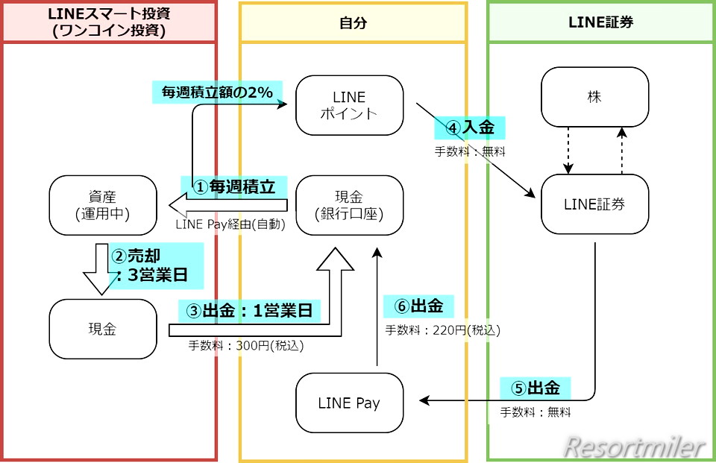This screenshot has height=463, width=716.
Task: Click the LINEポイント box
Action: click(349, 105)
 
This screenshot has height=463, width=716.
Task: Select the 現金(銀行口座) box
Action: click(349, 205)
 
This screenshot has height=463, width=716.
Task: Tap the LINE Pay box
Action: click(349, 403)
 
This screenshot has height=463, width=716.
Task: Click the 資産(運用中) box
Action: click(103, 205)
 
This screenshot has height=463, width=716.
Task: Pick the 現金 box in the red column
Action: click(103, 329)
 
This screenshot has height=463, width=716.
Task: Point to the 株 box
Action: click(594, 97)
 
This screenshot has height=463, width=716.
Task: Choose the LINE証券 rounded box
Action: click(594, 204)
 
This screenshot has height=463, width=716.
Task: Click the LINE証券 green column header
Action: click(600, 22)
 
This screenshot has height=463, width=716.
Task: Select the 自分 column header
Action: click(353, 22)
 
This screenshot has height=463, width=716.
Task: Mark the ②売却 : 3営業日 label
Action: click(157, 266)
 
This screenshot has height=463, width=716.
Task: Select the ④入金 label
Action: click(470, 127)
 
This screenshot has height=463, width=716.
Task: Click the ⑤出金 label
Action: click(536, 388)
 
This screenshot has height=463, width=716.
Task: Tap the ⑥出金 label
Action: click(418, 306)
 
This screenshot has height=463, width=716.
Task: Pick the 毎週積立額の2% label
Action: click(217, 92)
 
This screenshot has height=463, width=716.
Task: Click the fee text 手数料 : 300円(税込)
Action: click(246, 345)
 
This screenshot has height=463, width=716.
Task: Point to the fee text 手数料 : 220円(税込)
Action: click(442, 329)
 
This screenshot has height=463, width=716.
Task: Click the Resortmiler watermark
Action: click(634, 447)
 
